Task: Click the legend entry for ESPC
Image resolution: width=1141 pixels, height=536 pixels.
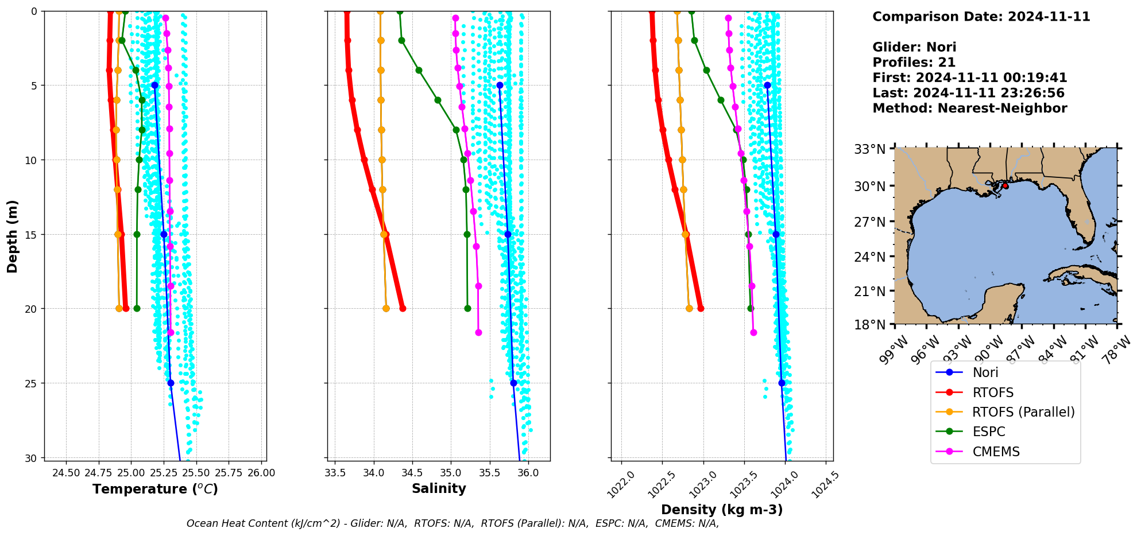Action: [988, 432]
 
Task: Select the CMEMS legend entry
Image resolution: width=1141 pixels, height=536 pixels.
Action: [996, 452]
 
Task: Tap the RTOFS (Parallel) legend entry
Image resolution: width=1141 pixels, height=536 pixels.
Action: [1023, 412]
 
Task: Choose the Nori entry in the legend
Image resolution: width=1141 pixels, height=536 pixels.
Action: [985, 372]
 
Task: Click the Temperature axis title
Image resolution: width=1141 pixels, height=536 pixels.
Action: [155, 489]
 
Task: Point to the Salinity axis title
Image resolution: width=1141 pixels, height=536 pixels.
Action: [439, 488]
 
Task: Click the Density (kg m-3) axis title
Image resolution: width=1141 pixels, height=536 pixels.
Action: [722, 510]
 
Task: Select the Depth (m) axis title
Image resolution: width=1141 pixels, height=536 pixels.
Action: [13, 236]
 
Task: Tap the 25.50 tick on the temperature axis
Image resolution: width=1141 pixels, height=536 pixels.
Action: [197, 473]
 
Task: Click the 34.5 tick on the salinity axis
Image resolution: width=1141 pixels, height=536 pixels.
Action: [412, 473]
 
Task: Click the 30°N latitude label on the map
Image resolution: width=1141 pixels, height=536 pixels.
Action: [870, 186]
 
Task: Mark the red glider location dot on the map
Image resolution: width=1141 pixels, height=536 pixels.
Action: [1005, 186]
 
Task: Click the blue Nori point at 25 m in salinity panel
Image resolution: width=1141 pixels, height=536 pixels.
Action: [513, 383]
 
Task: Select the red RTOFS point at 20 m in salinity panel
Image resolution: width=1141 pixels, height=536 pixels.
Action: [403, 309]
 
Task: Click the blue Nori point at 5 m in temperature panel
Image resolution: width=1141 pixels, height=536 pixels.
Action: [154, 86]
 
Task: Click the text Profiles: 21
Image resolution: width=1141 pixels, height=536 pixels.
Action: [914, 63]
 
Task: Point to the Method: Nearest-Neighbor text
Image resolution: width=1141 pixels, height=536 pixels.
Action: [969, 108]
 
